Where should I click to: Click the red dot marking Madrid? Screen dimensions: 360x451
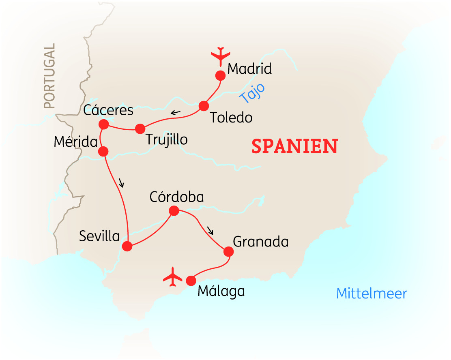click(x=220, y=75)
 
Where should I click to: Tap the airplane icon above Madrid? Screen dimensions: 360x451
click(x=221, y=56)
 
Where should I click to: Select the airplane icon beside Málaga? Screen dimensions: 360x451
click(x=173, y=277)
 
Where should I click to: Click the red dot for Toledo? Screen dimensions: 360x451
click(x=204, y=106)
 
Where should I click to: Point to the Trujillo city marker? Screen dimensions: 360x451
click(x=140, y=129)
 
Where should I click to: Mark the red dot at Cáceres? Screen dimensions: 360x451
click(x=103, y=124)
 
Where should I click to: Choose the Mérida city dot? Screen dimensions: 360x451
click(x=103, y=151)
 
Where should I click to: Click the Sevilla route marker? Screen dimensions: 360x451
click(x=127, y=246)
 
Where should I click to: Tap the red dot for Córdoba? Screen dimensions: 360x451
click(x=174, y=211)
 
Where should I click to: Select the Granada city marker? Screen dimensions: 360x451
click(x=229, y=252)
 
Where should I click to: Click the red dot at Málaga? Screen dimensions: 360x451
click(x=191, y=281)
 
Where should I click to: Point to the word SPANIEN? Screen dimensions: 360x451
click(x=294, y=146)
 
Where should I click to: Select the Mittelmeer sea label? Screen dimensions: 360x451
click(x=371, y=294)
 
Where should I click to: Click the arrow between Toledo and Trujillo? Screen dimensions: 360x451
click(x=175, y=112)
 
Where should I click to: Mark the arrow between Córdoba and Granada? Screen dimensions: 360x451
click(x=210, y=231)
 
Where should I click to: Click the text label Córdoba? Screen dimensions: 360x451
click(x=176, y=197)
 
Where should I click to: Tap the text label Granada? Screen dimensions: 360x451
click(x=261, y=242)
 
